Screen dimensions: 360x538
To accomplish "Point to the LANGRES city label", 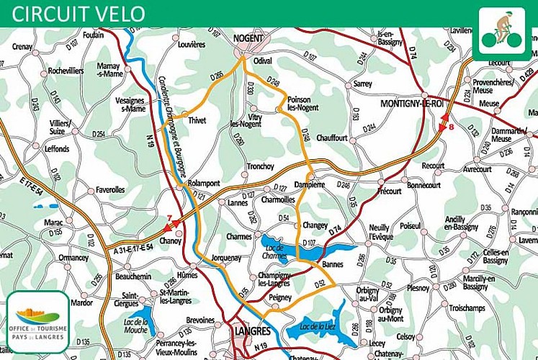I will [252, 332].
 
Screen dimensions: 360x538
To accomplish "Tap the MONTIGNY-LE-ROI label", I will [413, 103].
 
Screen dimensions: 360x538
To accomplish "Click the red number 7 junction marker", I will [170, 218].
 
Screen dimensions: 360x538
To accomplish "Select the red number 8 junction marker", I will [451, 127].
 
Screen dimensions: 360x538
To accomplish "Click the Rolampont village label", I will [204, 184].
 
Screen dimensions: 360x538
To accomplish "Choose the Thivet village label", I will [197, 121].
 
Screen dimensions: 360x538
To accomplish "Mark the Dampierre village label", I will [310, 184].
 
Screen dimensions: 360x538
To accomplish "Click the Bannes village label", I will [333, 264].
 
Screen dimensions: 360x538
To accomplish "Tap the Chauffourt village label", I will [332, 138].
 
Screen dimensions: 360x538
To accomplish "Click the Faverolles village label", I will [110, 190].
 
